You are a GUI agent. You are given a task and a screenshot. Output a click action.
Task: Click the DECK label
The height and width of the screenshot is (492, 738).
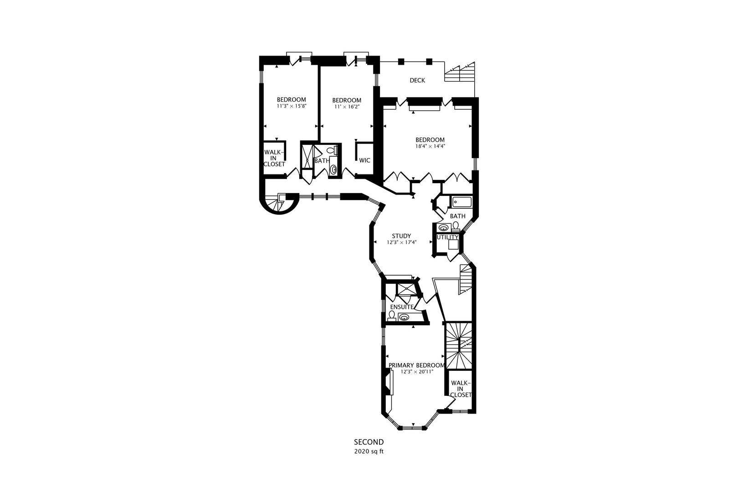[x=417, y=81]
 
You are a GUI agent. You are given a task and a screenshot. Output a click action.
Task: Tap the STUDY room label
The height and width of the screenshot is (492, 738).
[x=401, y=236]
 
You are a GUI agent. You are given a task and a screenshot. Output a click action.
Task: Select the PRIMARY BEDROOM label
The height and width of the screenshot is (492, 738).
[x=416, y=365]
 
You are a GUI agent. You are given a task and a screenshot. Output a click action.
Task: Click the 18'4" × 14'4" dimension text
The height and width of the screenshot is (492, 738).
[x=430, y=147]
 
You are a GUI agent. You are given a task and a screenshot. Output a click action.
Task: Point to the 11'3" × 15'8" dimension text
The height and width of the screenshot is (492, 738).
[x=292, y=106]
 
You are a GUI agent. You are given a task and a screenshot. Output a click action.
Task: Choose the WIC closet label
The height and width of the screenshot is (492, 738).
[x=364, y=160]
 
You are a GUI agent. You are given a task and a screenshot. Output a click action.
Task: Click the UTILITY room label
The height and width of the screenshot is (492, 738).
[x=447, y=237]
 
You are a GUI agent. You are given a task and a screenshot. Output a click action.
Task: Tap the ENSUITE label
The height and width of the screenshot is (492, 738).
[x=401, y=307]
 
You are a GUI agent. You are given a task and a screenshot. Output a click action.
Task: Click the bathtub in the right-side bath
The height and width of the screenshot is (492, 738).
[x=462, y=202]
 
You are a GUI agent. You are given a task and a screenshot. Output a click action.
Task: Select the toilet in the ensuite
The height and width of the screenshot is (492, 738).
[x=392, y=315]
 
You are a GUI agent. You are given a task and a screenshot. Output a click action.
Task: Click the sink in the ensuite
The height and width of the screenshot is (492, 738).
[x=404, y=317]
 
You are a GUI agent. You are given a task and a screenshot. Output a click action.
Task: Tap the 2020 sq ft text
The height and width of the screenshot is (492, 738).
[x=369, y=452]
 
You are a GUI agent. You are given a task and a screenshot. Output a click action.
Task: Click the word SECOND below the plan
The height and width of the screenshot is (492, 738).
[x=369, y=442]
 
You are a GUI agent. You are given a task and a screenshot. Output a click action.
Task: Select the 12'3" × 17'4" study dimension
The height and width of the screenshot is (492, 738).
[x=401, y=243]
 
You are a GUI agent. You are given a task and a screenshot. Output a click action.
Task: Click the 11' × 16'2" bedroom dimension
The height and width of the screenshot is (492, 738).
[x=347, y=107]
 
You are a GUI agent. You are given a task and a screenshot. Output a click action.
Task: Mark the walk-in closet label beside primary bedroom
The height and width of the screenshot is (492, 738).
[x=461, y=389]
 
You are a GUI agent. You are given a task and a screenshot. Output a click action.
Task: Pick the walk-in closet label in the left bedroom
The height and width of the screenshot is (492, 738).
[x=274, y=158]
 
